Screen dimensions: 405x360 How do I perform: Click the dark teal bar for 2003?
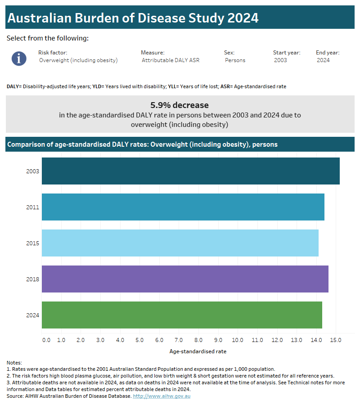pos(190,171)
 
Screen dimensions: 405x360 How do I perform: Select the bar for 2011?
pos(183,207)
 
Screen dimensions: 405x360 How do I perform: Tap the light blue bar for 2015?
pos(180,243)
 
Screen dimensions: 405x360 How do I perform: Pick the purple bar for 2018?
pos(185,279)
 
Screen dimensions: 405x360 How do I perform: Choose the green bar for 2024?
pos(182,315)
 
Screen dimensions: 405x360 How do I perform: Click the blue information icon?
pos(19,58)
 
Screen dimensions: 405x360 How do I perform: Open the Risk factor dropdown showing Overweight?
pos(78,60)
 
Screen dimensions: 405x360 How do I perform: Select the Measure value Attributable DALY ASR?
pos(171,60)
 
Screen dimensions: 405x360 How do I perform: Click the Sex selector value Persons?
pos(235,60)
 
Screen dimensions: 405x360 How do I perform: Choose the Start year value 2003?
pos(280,60)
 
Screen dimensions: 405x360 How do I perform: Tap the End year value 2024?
pos(323,60)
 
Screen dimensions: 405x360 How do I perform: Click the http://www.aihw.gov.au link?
pos(162,396)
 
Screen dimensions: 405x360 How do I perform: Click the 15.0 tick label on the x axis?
pos(336,340)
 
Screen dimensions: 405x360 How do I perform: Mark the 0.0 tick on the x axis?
pos(46,340)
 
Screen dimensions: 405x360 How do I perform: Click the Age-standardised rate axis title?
pos(198,351)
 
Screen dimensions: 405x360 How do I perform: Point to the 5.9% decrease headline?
pos(180,105)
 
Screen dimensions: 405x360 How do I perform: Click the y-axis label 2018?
pos(33,279)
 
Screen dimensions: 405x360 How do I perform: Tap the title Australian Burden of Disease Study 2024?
pos(133,18)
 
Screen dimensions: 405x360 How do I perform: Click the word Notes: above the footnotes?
pos(14,363)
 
